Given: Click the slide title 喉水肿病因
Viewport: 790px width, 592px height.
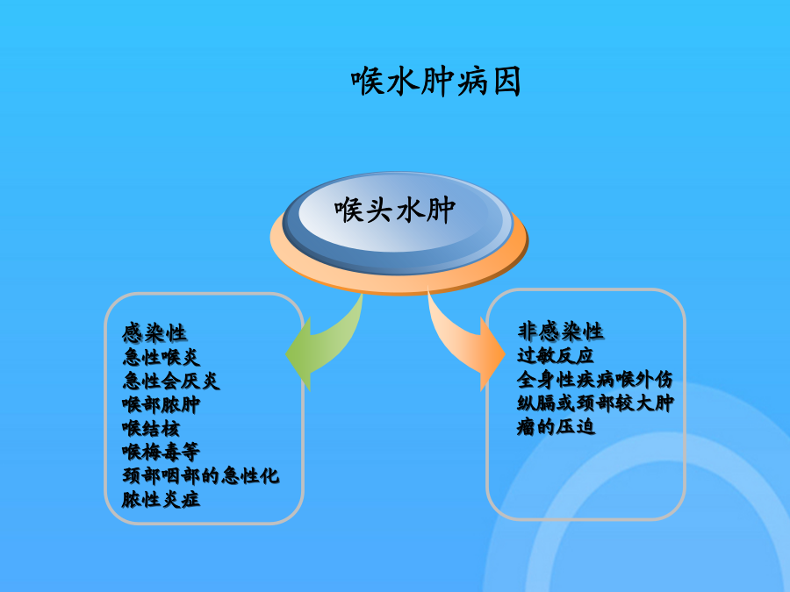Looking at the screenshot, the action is tap(435, 81).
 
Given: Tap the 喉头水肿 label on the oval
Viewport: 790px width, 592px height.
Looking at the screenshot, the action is tap(395, 210).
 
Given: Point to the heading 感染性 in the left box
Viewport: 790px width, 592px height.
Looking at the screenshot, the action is tap(154, 333).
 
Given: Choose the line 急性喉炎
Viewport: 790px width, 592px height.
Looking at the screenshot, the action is tap(162, 357).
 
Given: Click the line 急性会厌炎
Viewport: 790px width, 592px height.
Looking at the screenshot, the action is tap(171, 381).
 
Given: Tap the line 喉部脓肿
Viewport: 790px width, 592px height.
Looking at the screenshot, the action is tap(162, 404).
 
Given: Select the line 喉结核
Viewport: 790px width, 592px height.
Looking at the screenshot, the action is tap(151, 428).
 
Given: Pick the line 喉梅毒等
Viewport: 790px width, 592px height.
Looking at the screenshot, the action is tap(162, 452).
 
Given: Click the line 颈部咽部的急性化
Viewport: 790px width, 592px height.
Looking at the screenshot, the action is tap(200, 475).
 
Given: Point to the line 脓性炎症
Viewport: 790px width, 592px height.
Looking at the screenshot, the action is tap(162, 499).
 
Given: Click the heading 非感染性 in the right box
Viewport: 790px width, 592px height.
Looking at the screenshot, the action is tap(560, 332).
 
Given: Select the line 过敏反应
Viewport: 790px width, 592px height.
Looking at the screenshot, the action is tap(556, 355).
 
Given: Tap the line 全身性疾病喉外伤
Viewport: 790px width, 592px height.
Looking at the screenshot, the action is tap(595, 379).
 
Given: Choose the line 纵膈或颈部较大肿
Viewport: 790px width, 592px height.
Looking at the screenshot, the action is tap(595, 403).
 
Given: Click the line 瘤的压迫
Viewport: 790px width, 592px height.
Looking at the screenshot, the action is tap(556, 427).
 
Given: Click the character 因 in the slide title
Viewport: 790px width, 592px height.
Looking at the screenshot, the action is tap(506, 81).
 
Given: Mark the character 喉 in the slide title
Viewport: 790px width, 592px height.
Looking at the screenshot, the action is tap(367, 81).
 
